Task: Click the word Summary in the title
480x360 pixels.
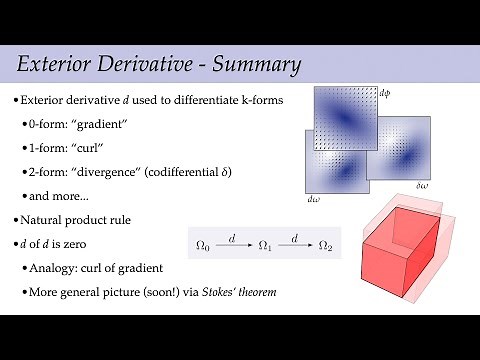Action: click(249, 67)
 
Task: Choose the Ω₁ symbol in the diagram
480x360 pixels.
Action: click(265, 244)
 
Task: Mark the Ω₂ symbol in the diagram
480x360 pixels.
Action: click(325, 244)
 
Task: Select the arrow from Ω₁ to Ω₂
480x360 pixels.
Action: click(295, 243)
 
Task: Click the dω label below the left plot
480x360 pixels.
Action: click(313, 199)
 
